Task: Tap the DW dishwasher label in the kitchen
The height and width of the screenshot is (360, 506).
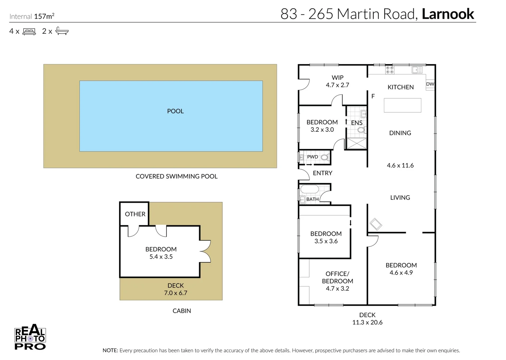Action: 430,84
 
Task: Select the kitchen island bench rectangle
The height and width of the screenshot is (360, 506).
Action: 402,105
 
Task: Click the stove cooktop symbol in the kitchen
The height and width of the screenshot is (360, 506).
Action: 390,70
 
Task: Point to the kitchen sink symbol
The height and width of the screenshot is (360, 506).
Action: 417,70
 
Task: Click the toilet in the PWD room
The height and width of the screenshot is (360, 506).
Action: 325,157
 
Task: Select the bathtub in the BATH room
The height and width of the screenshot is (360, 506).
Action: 310,190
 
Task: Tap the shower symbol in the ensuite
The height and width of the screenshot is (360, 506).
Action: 356,143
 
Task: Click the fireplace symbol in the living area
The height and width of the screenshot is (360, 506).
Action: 376,224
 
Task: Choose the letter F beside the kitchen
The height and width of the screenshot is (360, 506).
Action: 373,96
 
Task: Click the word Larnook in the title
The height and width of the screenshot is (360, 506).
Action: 448,14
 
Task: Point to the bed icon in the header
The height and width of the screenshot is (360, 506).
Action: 29,31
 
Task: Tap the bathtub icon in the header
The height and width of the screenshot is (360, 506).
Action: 62,31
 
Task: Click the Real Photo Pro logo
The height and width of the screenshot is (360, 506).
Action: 30,337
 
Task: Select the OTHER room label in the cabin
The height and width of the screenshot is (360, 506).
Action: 135,214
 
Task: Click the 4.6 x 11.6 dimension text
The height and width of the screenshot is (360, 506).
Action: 400,165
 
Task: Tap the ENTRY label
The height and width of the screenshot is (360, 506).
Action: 323,173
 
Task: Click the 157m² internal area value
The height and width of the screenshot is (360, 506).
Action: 44,16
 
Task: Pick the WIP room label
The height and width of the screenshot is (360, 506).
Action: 338,77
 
